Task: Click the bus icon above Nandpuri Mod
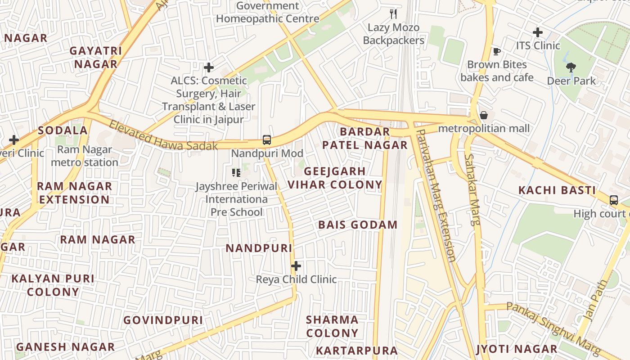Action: (x=267, y=140)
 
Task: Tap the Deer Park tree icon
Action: (x=571, y=68)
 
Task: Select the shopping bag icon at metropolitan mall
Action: (x=484, y=115)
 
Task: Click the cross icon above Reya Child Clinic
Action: (x=296, y=266)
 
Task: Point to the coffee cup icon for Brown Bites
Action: (x=496, y=52)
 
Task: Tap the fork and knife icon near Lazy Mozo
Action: (x=393, y=14)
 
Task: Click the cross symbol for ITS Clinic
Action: (x=537, y=32)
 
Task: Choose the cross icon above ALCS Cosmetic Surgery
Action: (x=209, y=68)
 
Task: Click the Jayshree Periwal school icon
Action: (x=236, y=172)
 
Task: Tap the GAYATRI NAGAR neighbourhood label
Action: (x=96, y=57)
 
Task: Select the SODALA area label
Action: (x=63, y=130)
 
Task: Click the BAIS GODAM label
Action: (x=358, y=225)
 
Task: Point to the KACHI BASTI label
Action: (x=557, y=190)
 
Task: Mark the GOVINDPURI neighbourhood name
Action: (x=163, y=320)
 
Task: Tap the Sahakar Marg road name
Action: (x=472, y=189)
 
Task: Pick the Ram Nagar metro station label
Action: (x=85, y=156)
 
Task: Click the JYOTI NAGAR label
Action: (x=517, y=349)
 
